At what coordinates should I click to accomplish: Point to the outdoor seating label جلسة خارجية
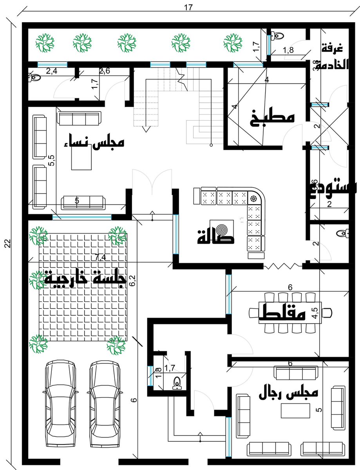tap(86, 279)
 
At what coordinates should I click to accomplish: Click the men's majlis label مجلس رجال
tap(289, 394)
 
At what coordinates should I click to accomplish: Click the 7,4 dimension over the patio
tap(100, 257)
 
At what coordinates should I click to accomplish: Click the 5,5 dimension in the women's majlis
tap(52, 161)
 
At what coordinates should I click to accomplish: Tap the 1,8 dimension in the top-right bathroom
tap(288, 50)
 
